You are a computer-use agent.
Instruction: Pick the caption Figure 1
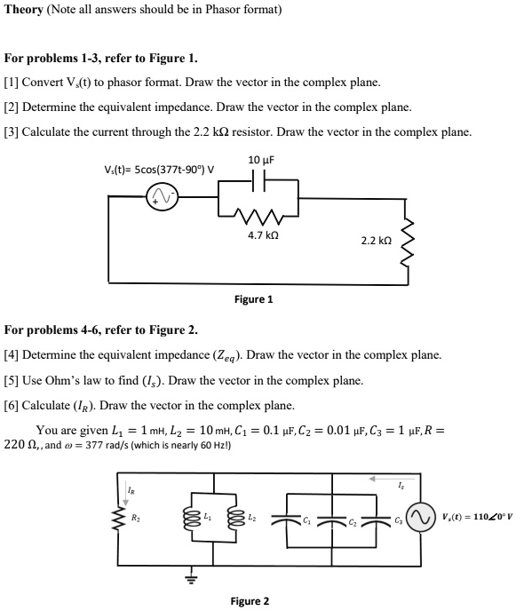click(x=253, y=299)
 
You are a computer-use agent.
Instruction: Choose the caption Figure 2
click(x=250, y=601)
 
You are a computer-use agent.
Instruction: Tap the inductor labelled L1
click(x=187, y=515)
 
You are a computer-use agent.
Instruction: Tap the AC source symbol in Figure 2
click(x=420, y=516)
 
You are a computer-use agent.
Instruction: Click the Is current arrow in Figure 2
click(x=383, y=488)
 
